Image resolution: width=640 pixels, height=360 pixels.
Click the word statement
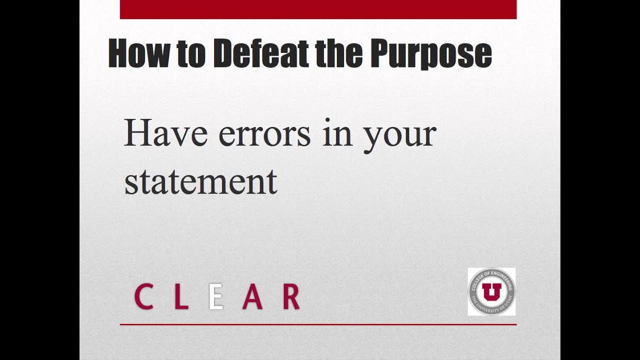pos(200,181)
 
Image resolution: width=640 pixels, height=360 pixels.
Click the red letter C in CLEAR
pos(143,296)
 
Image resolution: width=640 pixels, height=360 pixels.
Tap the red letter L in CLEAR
pos(180,296)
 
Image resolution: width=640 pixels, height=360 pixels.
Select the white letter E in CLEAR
pos(215,296)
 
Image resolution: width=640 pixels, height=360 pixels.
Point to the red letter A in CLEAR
pos(252,296)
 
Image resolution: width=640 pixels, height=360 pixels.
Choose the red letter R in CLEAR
pos(290,296)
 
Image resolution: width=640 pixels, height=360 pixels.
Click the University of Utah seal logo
pos(491,291)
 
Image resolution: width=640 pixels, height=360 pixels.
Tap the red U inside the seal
pos(491,291)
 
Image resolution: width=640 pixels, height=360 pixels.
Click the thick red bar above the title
pos(318,9)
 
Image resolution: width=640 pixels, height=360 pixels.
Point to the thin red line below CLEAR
pos(318,324)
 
